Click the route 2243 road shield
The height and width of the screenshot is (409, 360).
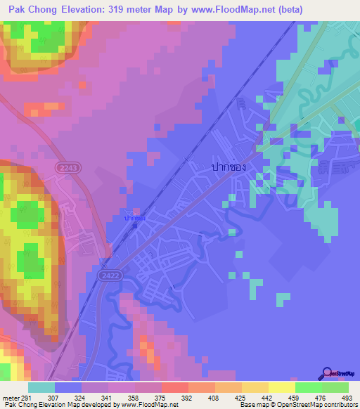coord(70,168)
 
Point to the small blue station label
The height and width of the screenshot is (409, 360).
coord(135,219)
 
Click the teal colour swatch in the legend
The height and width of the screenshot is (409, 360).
coord(41,387)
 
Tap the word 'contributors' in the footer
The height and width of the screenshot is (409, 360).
coord(339,405)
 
